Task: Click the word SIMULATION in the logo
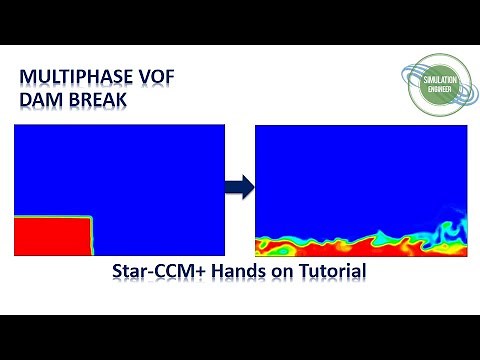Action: tap(436, 83)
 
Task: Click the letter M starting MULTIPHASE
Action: tap(28, 78)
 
